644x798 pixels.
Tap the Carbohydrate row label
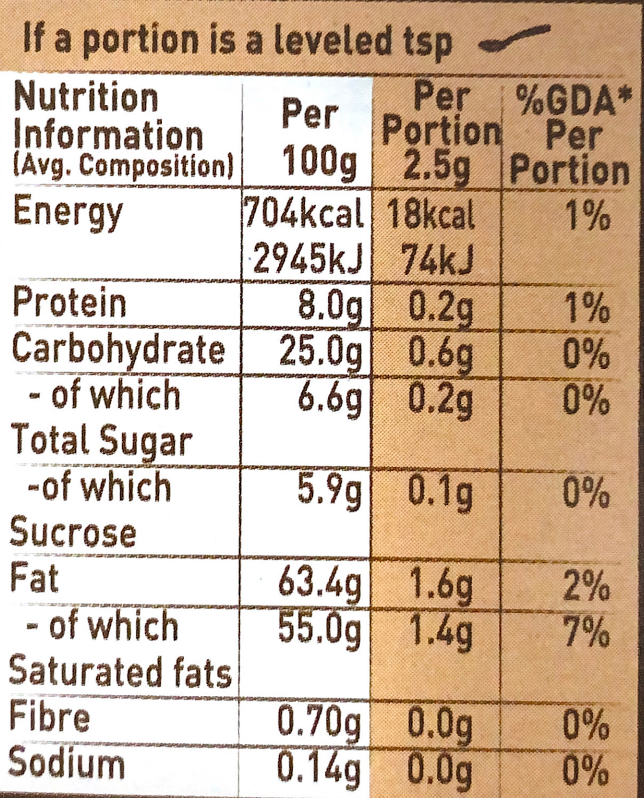[x=118, y=350]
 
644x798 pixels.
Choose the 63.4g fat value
[x=320, y=584]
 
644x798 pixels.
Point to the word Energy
[x=68, y=212]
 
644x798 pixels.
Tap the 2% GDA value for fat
[x=586, y=585]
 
